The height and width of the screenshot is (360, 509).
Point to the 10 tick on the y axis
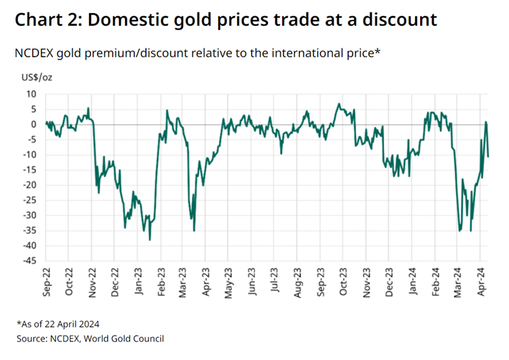tap(32, 94)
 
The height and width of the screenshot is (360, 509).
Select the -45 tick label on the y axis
tap(29, 260)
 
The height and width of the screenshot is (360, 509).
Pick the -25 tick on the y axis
tap(29, 200)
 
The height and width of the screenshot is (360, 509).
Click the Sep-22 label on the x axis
tap(47, 281)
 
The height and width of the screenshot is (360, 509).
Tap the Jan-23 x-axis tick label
tap(139, 281)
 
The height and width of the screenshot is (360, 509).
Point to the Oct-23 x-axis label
tap(343, 281)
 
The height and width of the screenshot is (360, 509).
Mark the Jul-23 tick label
tap(275, 281)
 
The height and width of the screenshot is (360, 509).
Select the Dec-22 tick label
tap(116, 281)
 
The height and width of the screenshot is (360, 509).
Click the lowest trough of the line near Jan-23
tap(150, 240)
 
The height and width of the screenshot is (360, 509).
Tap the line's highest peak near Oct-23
tap(339, 104)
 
